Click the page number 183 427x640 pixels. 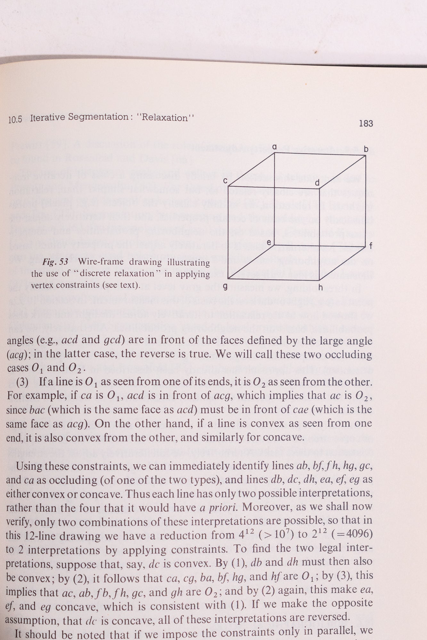366,124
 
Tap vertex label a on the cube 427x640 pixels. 274,147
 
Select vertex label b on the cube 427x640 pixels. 366,149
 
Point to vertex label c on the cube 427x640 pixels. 226,181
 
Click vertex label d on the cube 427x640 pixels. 317,183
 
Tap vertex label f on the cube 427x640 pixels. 371,246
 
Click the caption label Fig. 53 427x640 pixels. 55,263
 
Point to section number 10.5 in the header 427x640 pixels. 15,120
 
